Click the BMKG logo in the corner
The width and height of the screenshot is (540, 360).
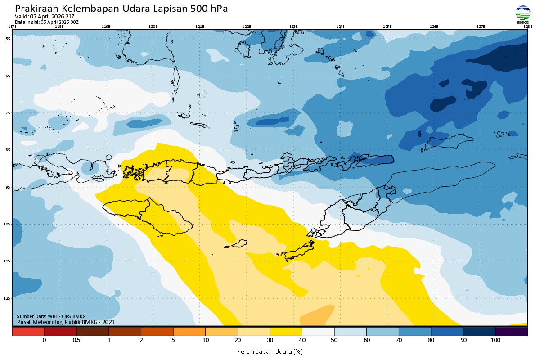click(x=523, y=14)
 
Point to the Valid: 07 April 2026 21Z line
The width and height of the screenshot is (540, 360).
click(x=45, y=17)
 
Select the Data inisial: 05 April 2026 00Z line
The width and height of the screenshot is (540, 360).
click(x=47, y=22)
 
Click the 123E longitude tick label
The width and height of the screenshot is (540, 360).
click(x=293, y=27)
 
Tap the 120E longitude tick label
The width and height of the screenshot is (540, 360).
click(x=153, y=27)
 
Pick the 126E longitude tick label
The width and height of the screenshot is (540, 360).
click(x=434, y=27)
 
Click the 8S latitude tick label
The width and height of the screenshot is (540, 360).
click(x=8, y=149)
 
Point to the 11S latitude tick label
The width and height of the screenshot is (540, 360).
click(x=8, y=261)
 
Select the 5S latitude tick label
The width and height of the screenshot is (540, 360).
click(x=8, y=39)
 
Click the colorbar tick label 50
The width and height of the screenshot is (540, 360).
click(x=334, y=340)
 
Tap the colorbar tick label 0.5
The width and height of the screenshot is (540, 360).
click(x=76, y=340)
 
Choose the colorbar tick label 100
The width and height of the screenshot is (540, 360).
click(x=495, y=340)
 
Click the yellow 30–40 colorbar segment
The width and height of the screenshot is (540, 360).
click(x=286, y=332)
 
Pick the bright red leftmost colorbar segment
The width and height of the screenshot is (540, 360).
click(x=28, y=332)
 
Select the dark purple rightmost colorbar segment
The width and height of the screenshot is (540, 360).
click(x=512, y=332)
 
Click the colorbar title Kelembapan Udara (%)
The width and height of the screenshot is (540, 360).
click(x=270, y=351)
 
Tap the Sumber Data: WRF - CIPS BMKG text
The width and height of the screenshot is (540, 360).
click(x=51, y=316)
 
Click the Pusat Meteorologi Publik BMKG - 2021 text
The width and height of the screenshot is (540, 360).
click(x=66, y=322)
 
